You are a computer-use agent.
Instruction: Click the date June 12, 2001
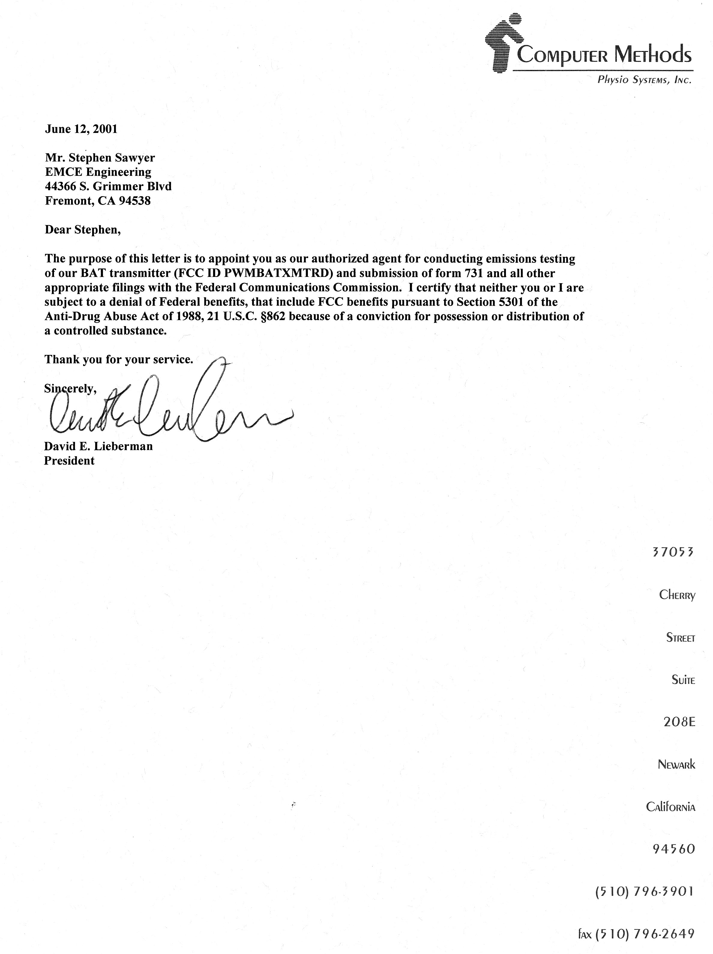[81, 129]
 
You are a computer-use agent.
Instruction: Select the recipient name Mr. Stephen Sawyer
[100, 158]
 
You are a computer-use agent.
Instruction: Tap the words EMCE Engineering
[98, 172]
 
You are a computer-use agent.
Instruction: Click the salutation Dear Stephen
[83, 230]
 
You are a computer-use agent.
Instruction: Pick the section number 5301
[512, 302]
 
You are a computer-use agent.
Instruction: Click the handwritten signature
[168, 408]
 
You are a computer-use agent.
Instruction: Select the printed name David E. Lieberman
[98, 446]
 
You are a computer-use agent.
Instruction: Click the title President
[69, 460]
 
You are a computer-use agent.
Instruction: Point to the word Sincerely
[70, 388]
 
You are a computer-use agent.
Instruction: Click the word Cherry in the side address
[677, 595]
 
